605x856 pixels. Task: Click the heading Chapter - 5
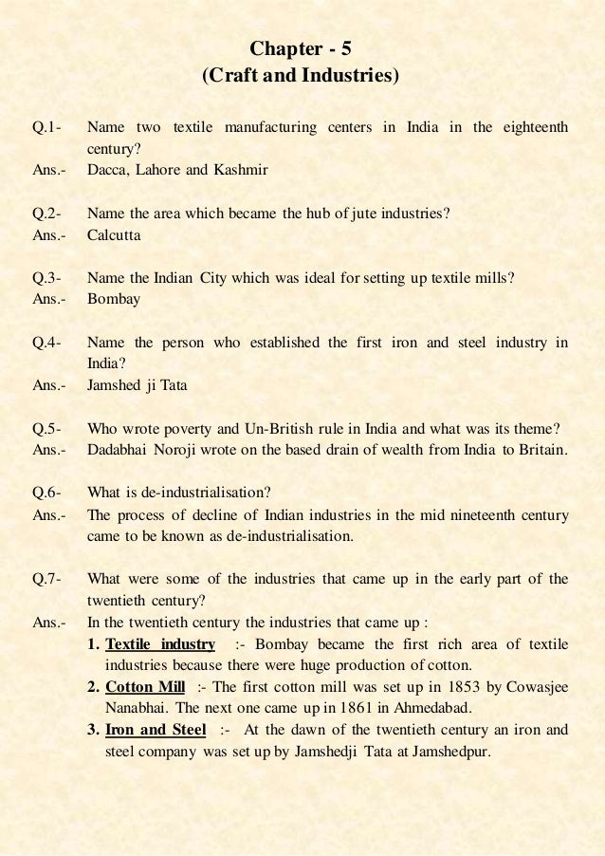[x=302, y=47]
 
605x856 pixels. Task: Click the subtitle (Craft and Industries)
[x=302, y=74]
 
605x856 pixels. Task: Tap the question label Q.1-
[x=47, y=127]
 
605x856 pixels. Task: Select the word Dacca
[x=106, y=171]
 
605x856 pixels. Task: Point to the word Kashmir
[x=243, y=171]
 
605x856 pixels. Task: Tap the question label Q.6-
[x=47, y=493]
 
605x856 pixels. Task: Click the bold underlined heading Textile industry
[x=161, y=645]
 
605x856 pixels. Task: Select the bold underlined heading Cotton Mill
[x=145, y=688]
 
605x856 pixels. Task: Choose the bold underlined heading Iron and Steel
[x=156, y=731]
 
